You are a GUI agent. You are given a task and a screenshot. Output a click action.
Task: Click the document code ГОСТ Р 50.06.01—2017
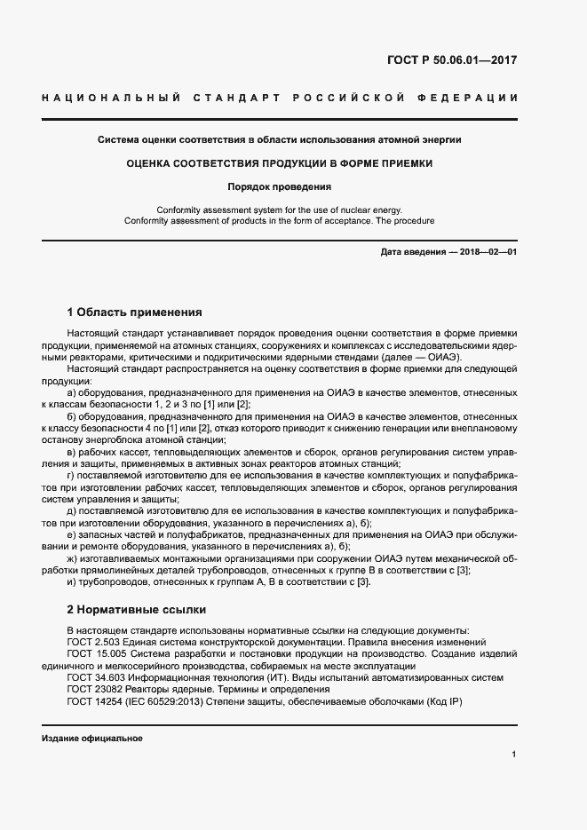click(x=453, y=61)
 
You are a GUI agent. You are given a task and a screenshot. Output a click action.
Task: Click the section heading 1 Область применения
click(x=135, y=312)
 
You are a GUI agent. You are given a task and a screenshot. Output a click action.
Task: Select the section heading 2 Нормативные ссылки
click(x=137, y=610)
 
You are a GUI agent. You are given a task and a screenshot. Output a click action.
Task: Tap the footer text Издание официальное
click(x=91, y=739)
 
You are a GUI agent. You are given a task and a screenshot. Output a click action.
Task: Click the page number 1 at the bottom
click(x=514, y=754)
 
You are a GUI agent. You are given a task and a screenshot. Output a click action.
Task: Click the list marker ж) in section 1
click(x=72, y=558)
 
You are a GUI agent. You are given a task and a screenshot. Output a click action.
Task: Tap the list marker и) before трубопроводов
click(x=71, y=581)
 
